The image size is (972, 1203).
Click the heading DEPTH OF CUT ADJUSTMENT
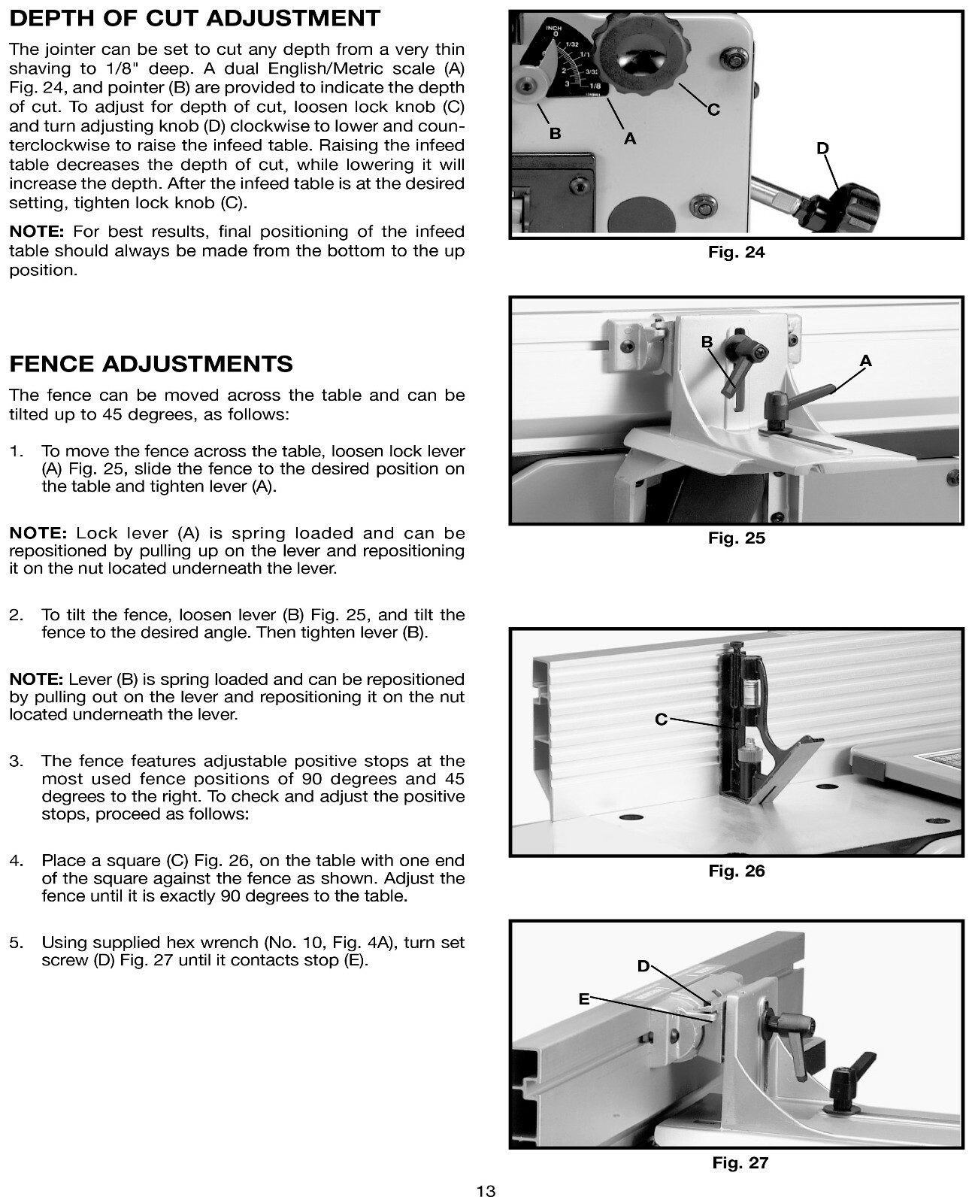point(195,19)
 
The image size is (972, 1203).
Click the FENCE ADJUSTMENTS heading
point(151,364)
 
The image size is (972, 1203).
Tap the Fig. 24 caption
point(736,253)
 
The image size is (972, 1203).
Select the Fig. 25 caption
point(736,538)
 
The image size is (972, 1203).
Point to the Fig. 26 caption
point(736,871)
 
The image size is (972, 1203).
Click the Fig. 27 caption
point(740,1163)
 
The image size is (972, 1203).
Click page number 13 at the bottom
point(486,1191)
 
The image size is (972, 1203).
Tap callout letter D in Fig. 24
point(822,149)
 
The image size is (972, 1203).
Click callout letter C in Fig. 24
point(713,111)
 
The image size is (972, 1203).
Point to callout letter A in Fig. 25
point(865,362)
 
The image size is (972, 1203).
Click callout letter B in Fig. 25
point(707,343)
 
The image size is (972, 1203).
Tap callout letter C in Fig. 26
point(661,720)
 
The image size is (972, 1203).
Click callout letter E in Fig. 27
point(583,999)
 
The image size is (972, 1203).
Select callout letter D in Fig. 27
point(643,966)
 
